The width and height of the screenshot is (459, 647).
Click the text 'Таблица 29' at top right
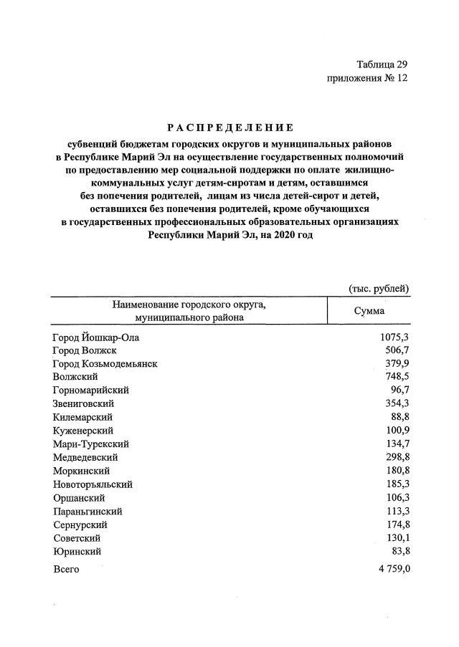point(381,64)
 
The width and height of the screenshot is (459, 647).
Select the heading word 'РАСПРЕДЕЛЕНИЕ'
point(229,128)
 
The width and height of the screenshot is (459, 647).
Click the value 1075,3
point(394,337)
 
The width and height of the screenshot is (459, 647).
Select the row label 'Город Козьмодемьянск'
point(105,364)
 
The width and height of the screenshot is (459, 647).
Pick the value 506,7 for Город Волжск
point(397,350)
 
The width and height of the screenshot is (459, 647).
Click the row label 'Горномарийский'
point(90,390)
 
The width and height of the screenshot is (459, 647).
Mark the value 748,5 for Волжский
point(397,377)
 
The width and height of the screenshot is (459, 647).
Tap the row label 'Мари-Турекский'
point(89,444)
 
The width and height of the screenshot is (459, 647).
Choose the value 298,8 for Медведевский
point(397,457)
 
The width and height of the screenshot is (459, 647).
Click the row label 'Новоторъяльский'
point(93,484)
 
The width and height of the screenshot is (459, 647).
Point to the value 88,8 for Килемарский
point(399,417)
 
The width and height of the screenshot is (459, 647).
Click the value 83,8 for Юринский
point(399,552)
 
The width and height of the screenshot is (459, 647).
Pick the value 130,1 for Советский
point(397,538)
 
